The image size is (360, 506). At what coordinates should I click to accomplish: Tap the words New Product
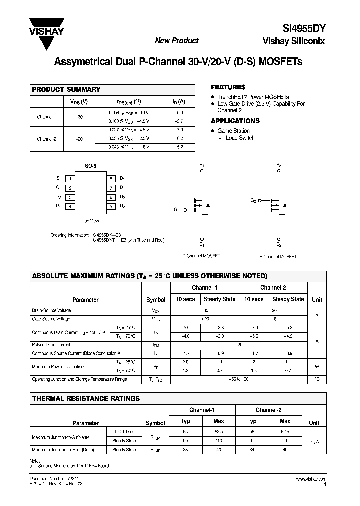coord(176,41)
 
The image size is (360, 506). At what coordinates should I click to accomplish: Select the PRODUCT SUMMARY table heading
coord(66,89)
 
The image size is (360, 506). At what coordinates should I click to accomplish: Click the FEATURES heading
coord(228,87)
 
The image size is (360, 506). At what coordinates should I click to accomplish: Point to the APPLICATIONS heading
coord(235,121)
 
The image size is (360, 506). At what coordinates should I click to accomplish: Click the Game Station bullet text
coord(233,131)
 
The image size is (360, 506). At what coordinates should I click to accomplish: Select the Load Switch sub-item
coord(240,138)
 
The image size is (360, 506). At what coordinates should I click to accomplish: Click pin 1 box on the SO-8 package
coord(71,178)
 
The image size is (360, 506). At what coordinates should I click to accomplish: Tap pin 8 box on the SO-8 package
coord(111,178)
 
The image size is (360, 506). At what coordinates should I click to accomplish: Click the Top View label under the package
coord(91,220)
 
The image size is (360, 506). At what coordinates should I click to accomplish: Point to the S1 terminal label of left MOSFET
coord(202,164)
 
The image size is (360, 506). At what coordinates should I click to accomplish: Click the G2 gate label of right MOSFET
coord(253,200)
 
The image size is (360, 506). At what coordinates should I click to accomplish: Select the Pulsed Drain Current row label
coord(51,345)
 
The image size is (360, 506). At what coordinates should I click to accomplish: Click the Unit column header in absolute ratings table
coord(317,299)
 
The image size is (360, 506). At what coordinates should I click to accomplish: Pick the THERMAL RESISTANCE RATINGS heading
coord(86,398)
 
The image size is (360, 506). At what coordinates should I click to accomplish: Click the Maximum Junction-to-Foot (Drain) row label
coord(63,450)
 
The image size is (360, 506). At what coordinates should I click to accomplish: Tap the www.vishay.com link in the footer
coord(311,479)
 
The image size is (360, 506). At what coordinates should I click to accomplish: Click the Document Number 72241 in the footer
coord(50,479)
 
